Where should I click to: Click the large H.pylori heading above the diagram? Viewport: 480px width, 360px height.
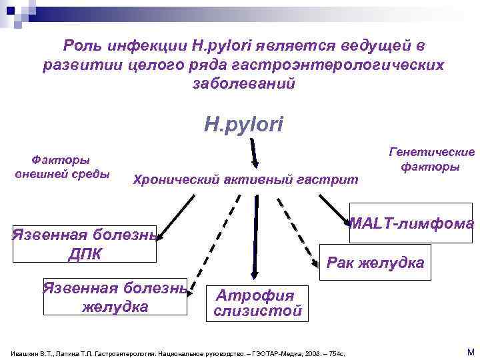point(243,124)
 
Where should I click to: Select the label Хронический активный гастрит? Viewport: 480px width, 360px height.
point(245,179)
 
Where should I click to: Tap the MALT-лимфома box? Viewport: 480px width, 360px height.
point(411,223)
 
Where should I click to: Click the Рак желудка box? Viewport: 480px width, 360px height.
point(375,263)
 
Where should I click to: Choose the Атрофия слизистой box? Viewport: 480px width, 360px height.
point(257,303)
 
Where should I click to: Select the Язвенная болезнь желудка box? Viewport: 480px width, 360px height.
point(115,297)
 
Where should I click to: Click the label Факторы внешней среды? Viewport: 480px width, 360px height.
point(61,167)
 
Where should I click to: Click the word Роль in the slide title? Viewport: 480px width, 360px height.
point(83,45)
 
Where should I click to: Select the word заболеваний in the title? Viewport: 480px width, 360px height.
point(243,84)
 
